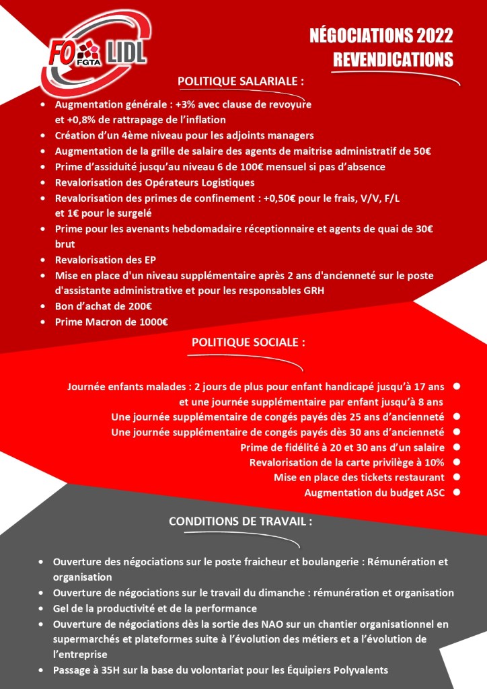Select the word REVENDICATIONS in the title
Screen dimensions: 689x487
pos(393,59)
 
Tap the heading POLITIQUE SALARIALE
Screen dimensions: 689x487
pos(240,81)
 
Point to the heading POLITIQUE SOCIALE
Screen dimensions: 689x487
pos(248,342)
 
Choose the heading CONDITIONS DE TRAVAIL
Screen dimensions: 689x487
pos(240,521)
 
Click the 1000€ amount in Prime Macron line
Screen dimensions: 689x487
pos(153,322)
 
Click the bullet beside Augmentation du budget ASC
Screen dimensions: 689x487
pos(457,493)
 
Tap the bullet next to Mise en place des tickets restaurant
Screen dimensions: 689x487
pos(457,477)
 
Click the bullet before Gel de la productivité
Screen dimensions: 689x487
pos(42,608)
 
